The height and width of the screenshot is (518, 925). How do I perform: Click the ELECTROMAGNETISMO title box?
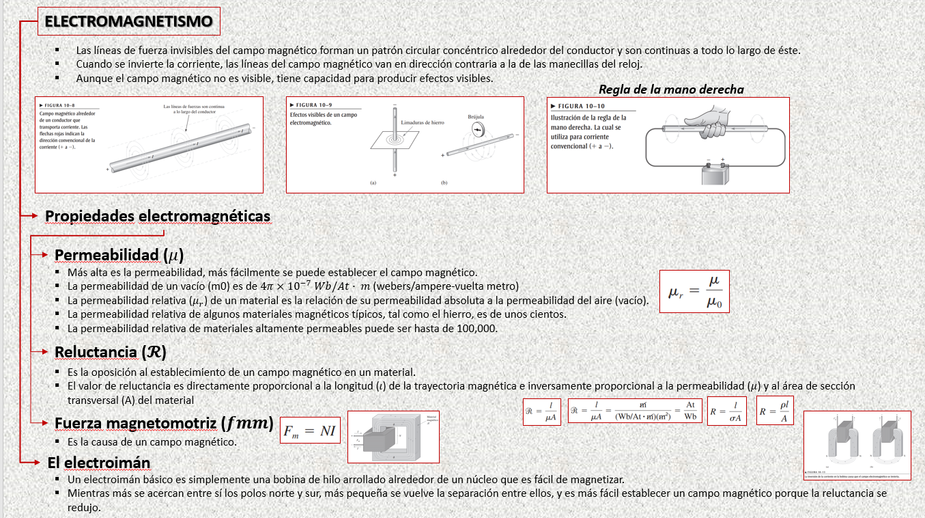tap(129, 22)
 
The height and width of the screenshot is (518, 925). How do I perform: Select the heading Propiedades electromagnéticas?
tap(158, 216)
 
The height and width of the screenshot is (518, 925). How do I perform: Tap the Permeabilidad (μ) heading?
tap(119, 255)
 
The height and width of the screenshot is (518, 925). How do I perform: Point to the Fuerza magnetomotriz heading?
tap(164, 423)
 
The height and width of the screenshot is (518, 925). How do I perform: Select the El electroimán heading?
tap(98, 463)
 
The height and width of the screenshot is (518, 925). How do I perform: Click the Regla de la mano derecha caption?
tap(671, 90)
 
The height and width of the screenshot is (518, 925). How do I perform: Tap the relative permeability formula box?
tap(694, 291)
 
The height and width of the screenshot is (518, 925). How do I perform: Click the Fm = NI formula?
tap(310, 431)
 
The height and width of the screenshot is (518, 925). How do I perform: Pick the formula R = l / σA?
tap(727, 411)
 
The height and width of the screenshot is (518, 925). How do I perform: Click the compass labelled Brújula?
tap(476, 129)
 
